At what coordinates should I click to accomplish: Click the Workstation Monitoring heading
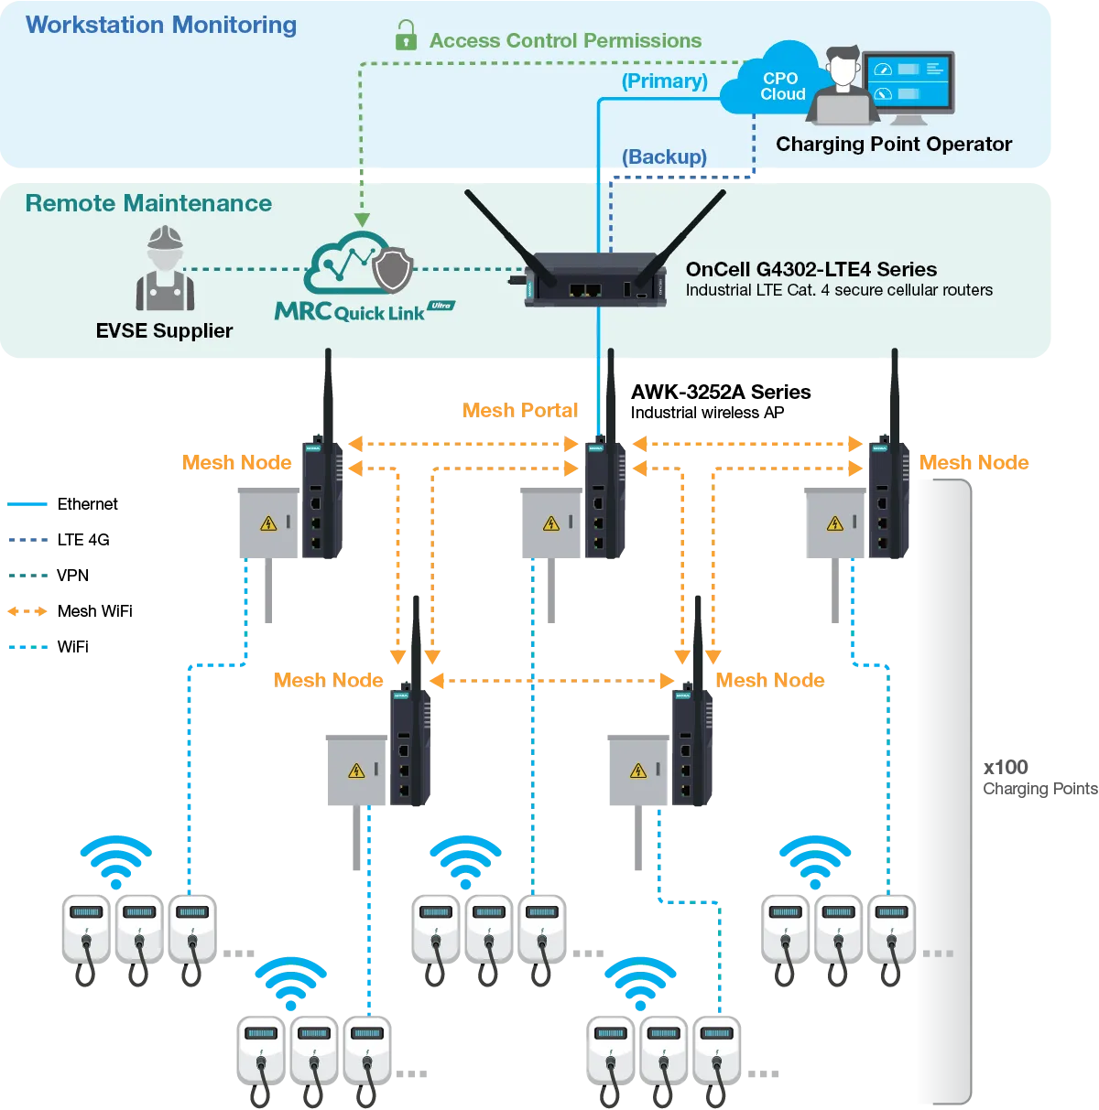[161, 25]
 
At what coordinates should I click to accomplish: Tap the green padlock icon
[405, 37]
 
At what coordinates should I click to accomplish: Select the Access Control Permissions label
[565, 40]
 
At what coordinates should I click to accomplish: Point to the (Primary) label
[664, 81]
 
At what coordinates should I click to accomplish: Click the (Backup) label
[664, 156]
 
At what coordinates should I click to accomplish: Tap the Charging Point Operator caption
[893, 144]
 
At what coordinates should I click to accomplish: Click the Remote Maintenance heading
[148, 203]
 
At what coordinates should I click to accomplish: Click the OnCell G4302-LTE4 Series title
[811, 269]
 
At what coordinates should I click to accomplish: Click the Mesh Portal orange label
[519, 410]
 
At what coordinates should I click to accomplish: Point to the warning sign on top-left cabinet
[268, 523]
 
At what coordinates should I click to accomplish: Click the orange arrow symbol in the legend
[28, 610]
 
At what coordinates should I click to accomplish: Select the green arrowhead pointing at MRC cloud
[362, 220]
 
